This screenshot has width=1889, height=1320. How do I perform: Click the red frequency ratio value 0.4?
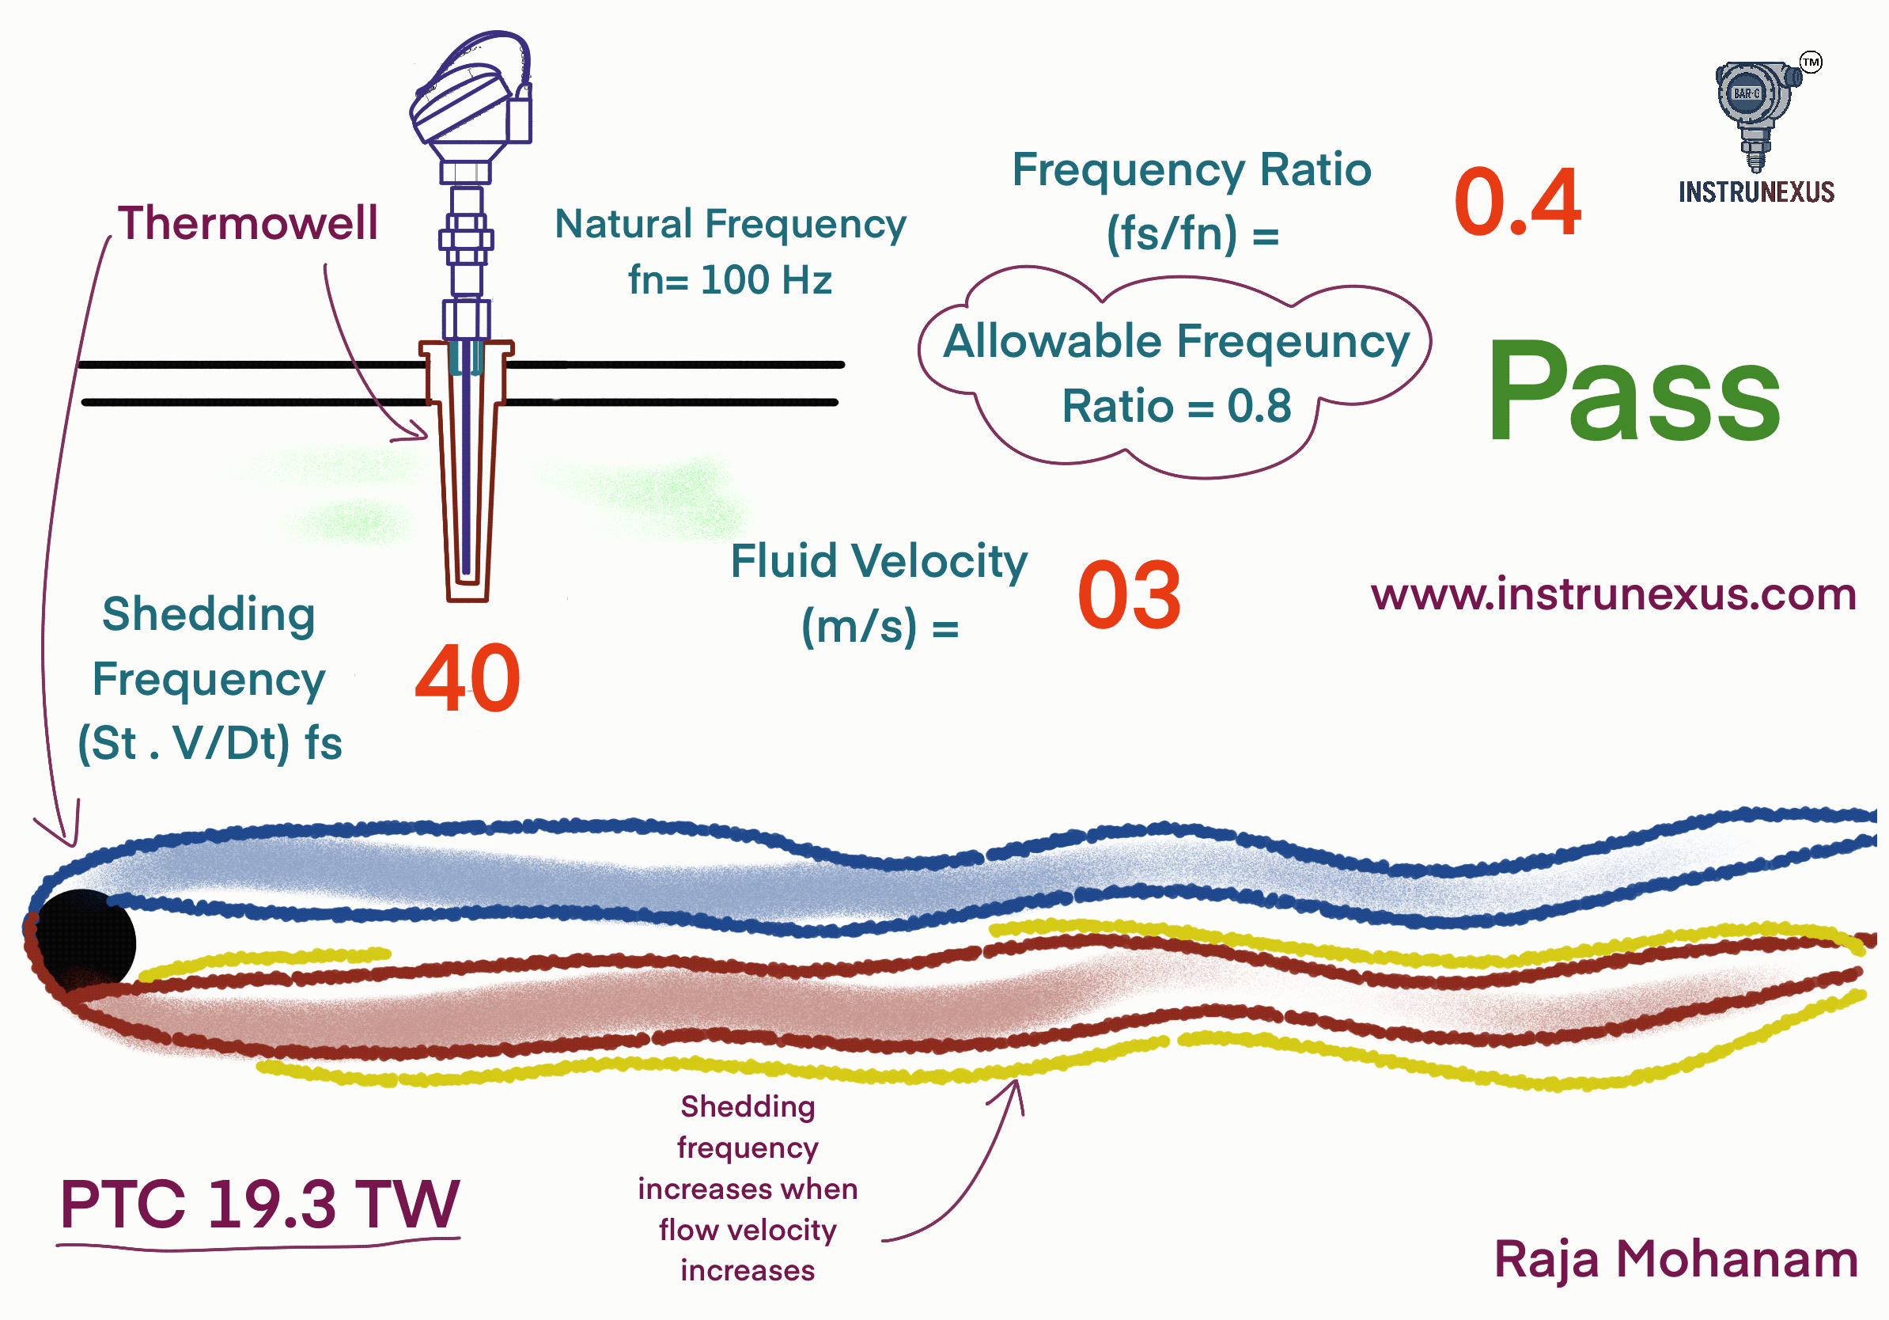(x=1516, y=203)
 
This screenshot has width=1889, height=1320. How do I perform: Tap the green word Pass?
(x=1633, y=393)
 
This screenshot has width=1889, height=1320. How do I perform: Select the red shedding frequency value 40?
(x=468, y=679)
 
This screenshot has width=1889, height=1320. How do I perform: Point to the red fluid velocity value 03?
(x=1129, y=596)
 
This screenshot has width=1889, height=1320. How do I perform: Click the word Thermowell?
(x=248, y=223)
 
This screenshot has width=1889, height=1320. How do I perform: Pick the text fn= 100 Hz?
(x=730, y=280)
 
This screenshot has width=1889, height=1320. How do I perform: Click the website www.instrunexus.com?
(x=1613, y=594)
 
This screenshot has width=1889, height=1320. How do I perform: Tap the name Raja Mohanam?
(x=1675, y=1259)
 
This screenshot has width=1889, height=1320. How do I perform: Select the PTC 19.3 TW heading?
(x=259, y=1204)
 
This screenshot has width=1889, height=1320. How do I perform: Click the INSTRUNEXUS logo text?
(x=1756, y=192)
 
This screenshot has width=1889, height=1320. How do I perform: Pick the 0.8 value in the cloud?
(x=1259, y=407)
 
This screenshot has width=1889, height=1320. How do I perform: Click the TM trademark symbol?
(x=1810, y=63)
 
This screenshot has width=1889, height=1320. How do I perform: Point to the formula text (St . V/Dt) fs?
(x=210, y=743)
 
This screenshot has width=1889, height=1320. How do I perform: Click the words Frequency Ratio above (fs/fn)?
(x=1191, y=170)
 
